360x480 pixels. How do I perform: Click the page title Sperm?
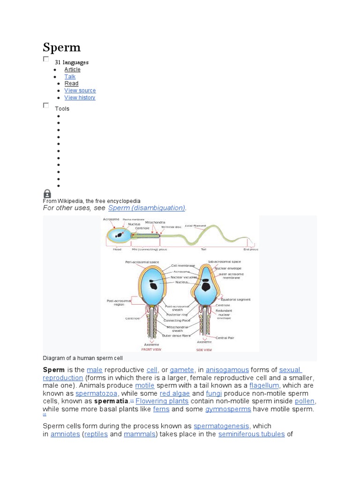coord(61,47)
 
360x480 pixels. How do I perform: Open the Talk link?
coord(70,76)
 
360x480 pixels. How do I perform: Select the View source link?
coord(80,90)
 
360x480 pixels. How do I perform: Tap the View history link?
coord(80,97)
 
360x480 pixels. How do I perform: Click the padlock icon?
coord(47,194)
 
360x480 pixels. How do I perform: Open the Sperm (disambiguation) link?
coord(147,208)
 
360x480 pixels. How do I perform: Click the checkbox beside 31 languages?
coord(46,59)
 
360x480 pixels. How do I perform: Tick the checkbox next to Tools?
coord(46,105)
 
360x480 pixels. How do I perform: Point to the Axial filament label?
coord(195,226)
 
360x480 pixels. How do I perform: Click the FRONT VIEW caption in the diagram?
coord(151,349)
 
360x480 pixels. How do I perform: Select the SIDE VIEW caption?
coord(204,350)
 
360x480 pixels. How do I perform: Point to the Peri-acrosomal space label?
coord(142,262)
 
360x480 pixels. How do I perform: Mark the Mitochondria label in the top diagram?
coord(155,222)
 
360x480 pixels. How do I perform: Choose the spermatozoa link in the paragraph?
coord(97,394)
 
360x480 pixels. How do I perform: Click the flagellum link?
coord(264,386)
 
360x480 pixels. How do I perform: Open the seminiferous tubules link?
coord(251,434)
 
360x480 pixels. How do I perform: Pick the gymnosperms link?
coord(228,409)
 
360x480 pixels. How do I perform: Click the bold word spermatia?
coord(111,402)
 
